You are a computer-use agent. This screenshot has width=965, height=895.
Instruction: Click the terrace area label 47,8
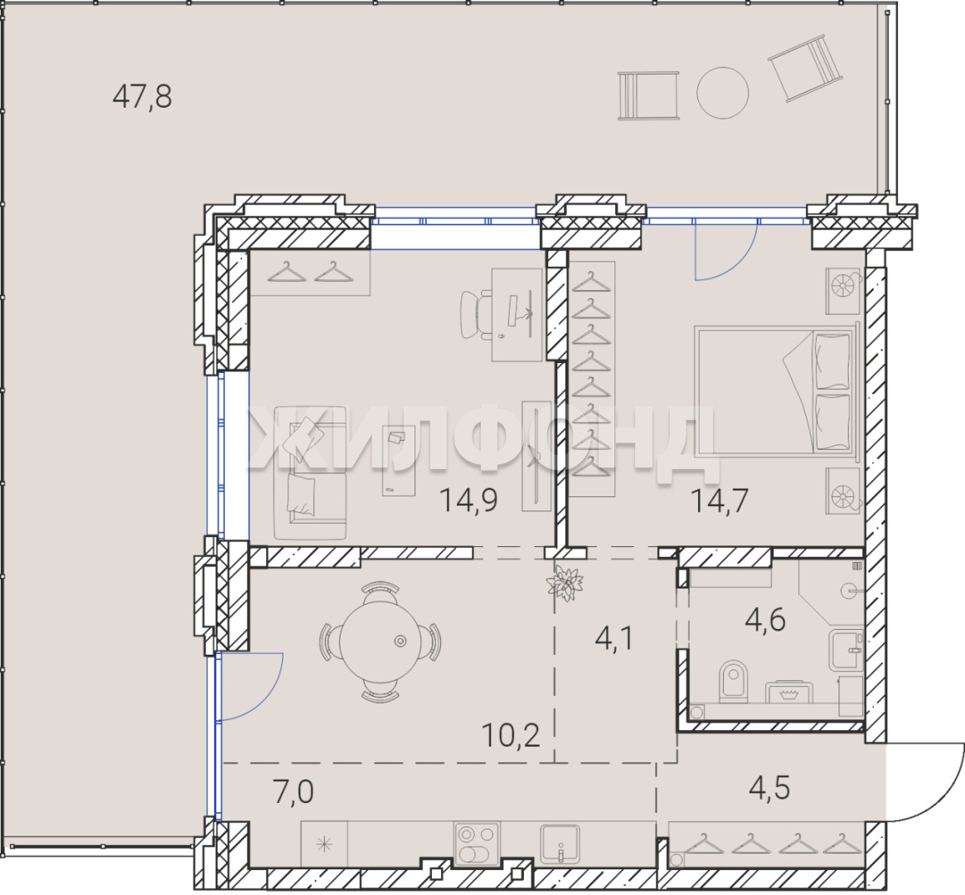click(x=142, y=97)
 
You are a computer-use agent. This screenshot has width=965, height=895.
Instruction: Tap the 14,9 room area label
click(x=468, y=500)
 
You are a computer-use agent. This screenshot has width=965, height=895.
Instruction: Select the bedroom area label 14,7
click(x=720, y=500)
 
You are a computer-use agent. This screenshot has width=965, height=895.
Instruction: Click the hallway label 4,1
click(x=614, y=639)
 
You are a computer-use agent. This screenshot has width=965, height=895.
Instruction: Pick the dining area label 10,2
click(x=511, y=734)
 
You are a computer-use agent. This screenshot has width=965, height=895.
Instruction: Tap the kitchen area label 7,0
click(x=293, y=791)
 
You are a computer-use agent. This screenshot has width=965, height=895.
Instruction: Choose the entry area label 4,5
click(x=769, y=788)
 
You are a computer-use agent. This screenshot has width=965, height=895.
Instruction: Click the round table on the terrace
click(x=723, y=93)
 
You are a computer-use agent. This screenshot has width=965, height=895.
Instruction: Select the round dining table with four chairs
click(x=380, y=641)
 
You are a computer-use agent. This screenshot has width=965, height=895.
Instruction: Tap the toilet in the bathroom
click(x=734, y=681)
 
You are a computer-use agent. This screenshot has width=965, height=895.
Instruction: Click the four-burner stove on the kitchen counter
click(x=477, y=844)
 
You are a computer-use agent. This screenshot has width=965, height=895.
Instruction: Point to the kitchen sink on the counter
click(x=560, y=844)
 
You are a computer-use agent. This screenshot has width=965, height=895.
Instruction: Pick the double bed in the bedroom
click(x=776, y=390)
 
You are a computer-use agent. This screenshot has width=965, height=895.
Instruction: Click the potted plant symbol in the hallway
click(x=565, y=583)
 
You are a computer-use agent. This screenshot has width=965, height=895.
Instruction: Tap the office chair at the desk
click(x=477, y=314)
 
